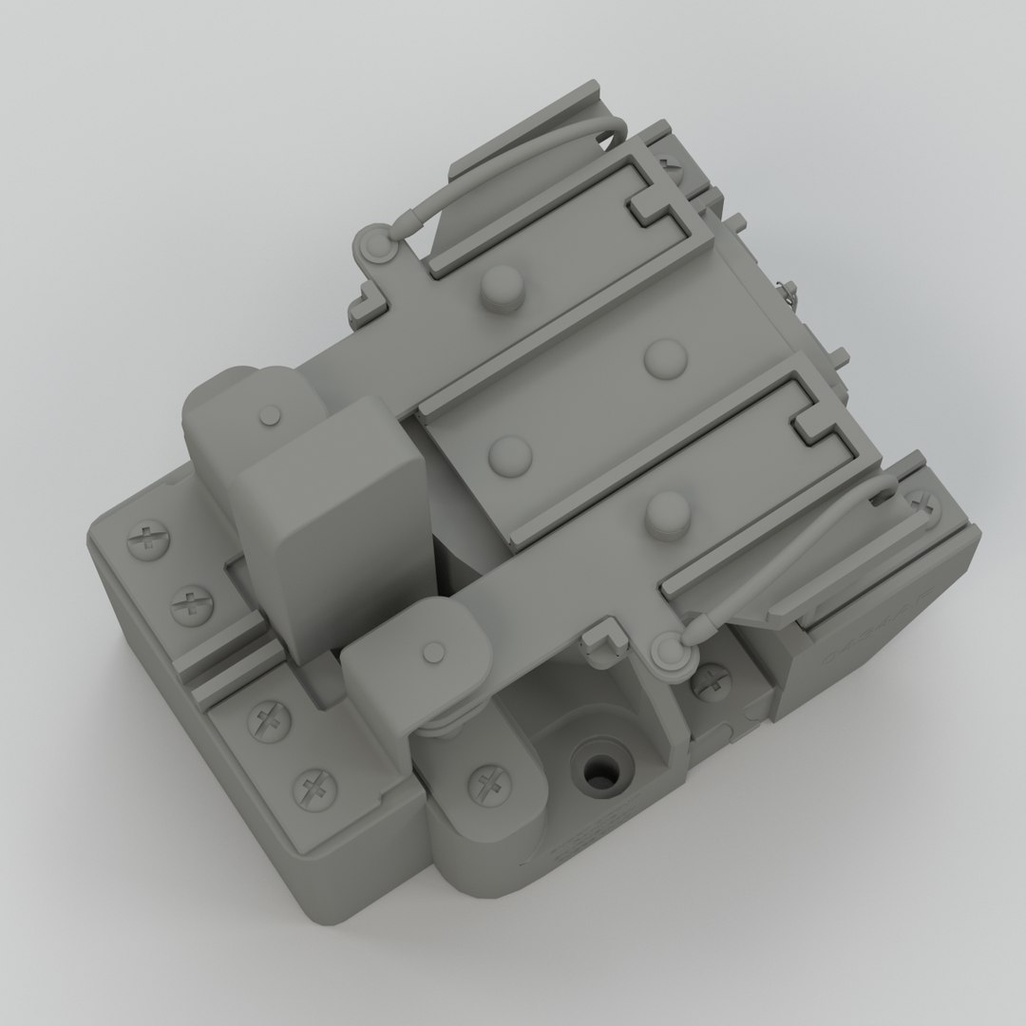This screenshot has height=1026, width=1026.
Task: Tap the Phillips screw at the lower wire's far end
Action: [x=920, y=504]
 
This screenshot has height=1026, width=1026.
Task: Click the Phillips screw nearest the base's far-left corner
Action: [x=146, y=541]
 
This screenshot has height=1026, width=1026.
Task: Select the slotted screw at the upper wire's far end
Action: [x=673, y=163]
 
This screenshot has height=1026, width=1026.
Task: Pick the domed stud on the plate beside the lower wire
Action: [x=667, y=510]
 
